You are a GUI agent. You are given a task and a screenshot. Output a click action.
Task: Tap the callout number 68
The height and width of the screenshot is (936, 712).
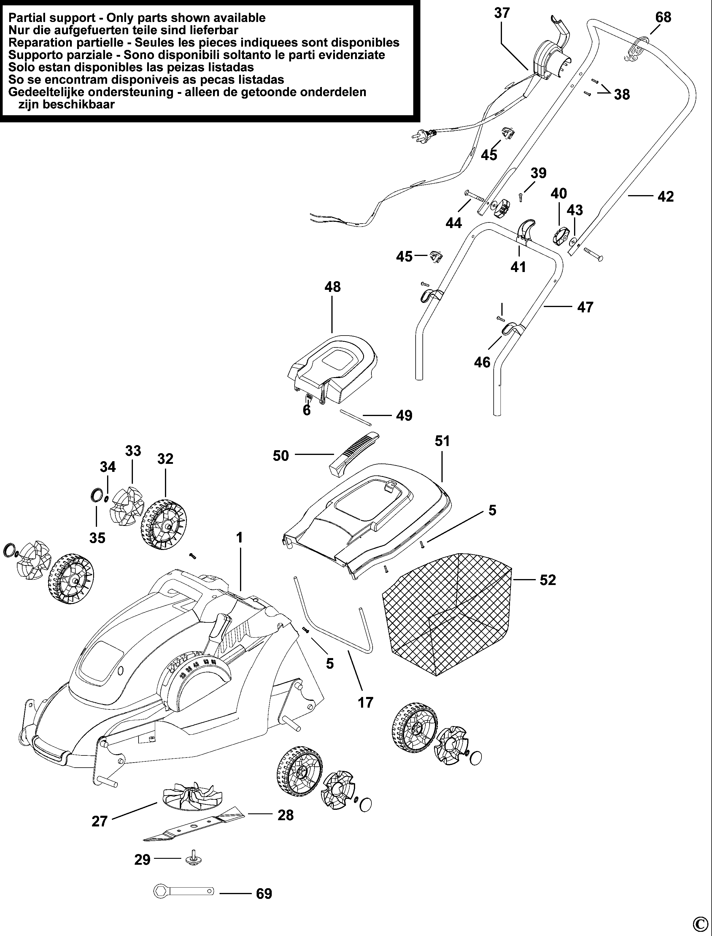coord(663,18)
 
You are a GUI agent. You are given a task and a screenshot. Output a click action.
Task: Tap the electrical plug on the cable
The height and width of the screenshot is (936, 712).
coord(425,135)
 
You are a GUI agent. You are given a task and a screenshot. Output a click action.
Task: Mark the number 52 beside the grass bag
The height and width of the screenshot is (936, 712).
coord(548,580)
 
